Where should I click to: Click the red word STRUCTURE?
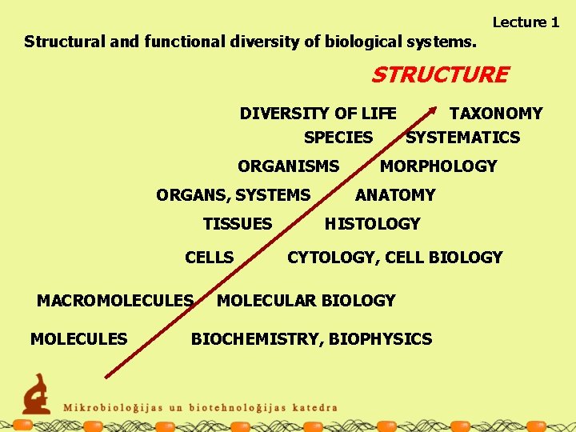(x=439, y=75)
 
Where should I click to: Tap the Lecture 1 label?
(x=526, y=22)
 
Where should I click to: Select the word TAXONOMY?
(x=496, y=114)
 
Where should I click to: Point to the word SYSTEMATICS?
(x=463, y=138)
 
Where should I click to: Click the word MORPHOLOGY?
(x=438, y=166)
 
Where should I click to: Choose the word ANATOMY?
(x=395, y=195)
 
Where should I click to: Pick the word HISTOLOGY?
(x=372, y=224)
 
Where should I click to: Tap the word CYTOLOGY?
(x=331, y=258)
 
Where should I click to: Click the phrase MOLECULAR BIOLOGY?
(x=306, y=301)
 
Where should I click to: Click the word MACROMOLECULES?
(x=115, y=301)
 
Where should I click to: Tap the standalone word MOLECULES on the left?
(x=78, y=339)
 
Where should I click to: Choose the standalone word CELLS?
(x=209, y=258)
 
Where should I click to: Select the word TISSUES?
(x=238, y=224)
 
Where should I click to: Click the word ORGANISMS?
(x=288, y=166)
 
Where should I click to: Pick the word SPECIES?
(x=338, y=138)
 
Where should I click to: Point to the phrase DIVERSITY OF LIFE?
(x=318, y=114)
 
